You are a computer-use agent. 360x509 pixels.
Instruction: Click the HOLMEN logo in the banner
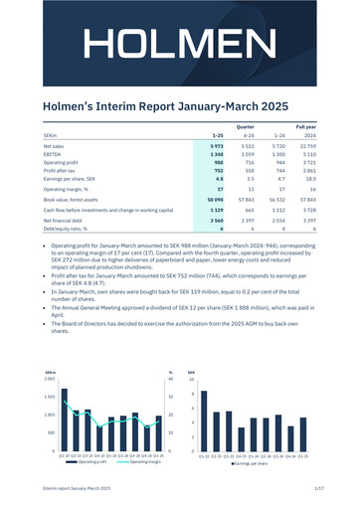pyautogui.click(x=180, y=45)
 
